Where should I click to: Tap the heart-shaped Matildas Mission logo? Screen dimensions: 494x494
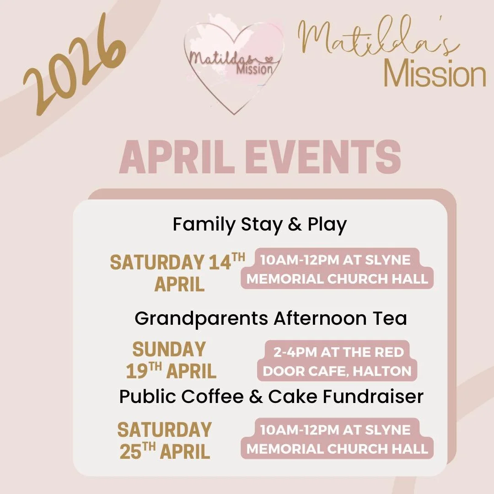(x=233, y=64)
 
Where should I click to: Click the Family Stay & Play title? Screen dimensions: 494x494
(x=259, y=225)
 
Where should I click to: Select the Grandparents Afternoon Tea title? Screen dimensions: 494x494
(x=270, y=318)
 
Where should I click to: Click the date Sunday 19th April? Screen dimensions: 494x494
(x=170, y=360)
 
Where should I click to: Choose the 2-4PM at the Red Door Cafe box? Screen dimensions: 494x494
(x=337, y=361)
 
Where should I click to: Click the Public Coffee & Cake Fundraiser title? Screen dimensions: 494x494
(x=271, y=397)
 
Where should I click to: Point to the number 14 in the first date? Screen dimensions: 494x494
(x=219, y=263)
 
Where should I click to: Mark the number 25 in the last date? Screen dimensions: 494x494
(x=131, y=451)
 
